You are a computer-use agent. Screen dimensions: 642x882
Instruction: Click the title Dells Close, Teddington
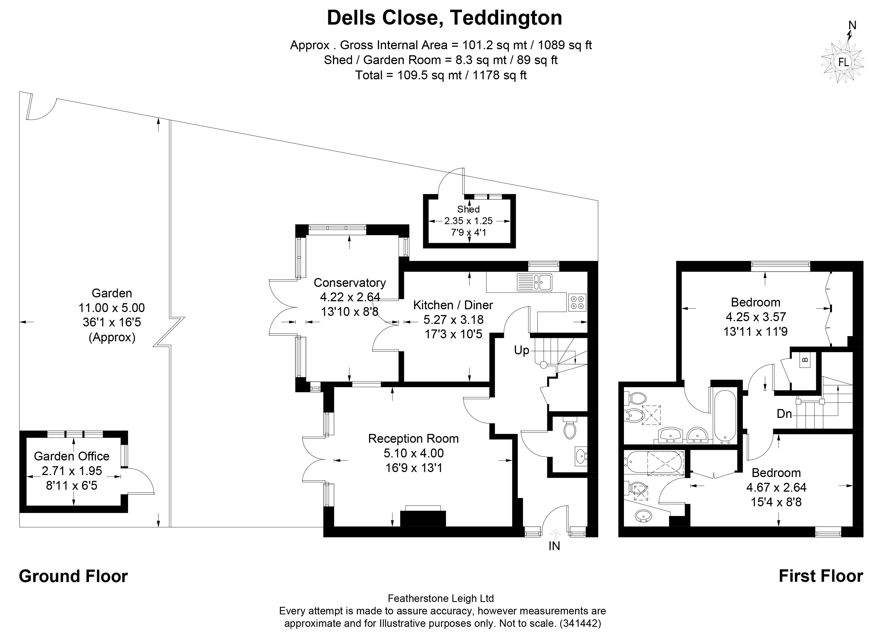(x=444, y=18)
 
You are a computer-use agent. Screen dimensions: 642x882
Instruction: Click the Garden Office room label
(x=72, y=456)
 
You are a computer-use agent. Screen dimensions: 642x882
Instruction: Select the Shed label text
(x=468, y=209)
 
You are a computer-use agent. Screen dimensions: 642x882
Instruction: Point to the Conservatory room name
(x=350, y=282)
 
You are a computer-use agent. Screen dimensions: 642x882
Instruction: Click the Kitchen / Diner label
(x=453, y=305)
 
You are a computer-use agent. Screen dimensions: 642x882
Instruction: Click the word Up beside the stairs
(x=522, y=350)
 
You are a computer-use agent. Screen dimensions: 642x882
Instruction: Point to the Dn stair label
(x=784, y=414)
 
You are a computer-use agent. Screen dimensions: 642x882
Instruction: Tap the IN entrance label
(x=554, y=546)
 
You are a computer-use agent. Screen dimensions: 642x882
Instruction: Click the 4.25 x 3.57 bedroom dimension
(x=756, y=317)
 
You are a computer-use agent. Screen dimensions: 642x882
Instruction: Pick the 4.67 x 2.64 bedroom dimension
(x=776, y=487)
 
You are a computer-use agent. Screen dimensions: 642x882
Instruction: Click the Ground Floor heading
(x=73, y=576)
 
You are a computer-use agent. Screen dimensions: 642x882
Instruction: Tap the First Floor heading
(x=821, y=576)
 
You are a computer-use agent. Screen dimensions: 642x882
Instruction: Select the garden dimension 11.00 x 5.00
(x=112, y=308)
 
